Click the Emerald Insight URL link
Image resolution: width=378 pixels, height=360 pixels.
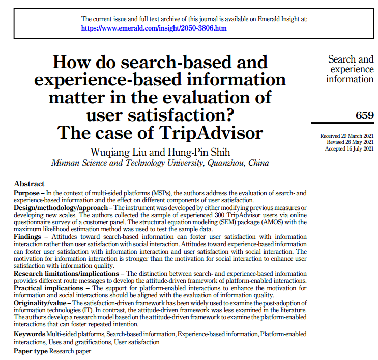[x=154, y=28]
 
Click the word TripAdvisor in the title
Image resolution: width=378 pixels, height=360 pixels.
[x=213, y=133]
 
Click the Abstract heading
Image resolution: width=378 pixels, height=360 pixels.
[x=30, y=184]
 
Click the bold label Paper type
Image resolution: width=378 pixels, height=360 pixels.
[x=31, y=351]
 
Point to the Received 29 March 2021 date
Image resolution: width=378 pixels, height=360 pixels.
[x=346, y=136]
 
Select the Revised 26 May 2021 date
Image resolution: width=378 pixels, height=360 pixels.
[x=348, y=142]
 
